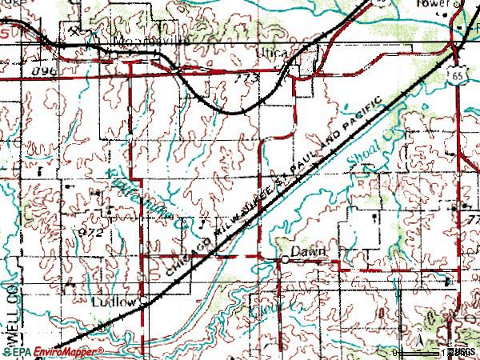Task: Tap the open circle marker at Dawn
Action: pyautogui.click(x=284, y=260)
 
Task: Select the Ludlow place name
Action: pyautogui.click(x=110, y=302)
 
